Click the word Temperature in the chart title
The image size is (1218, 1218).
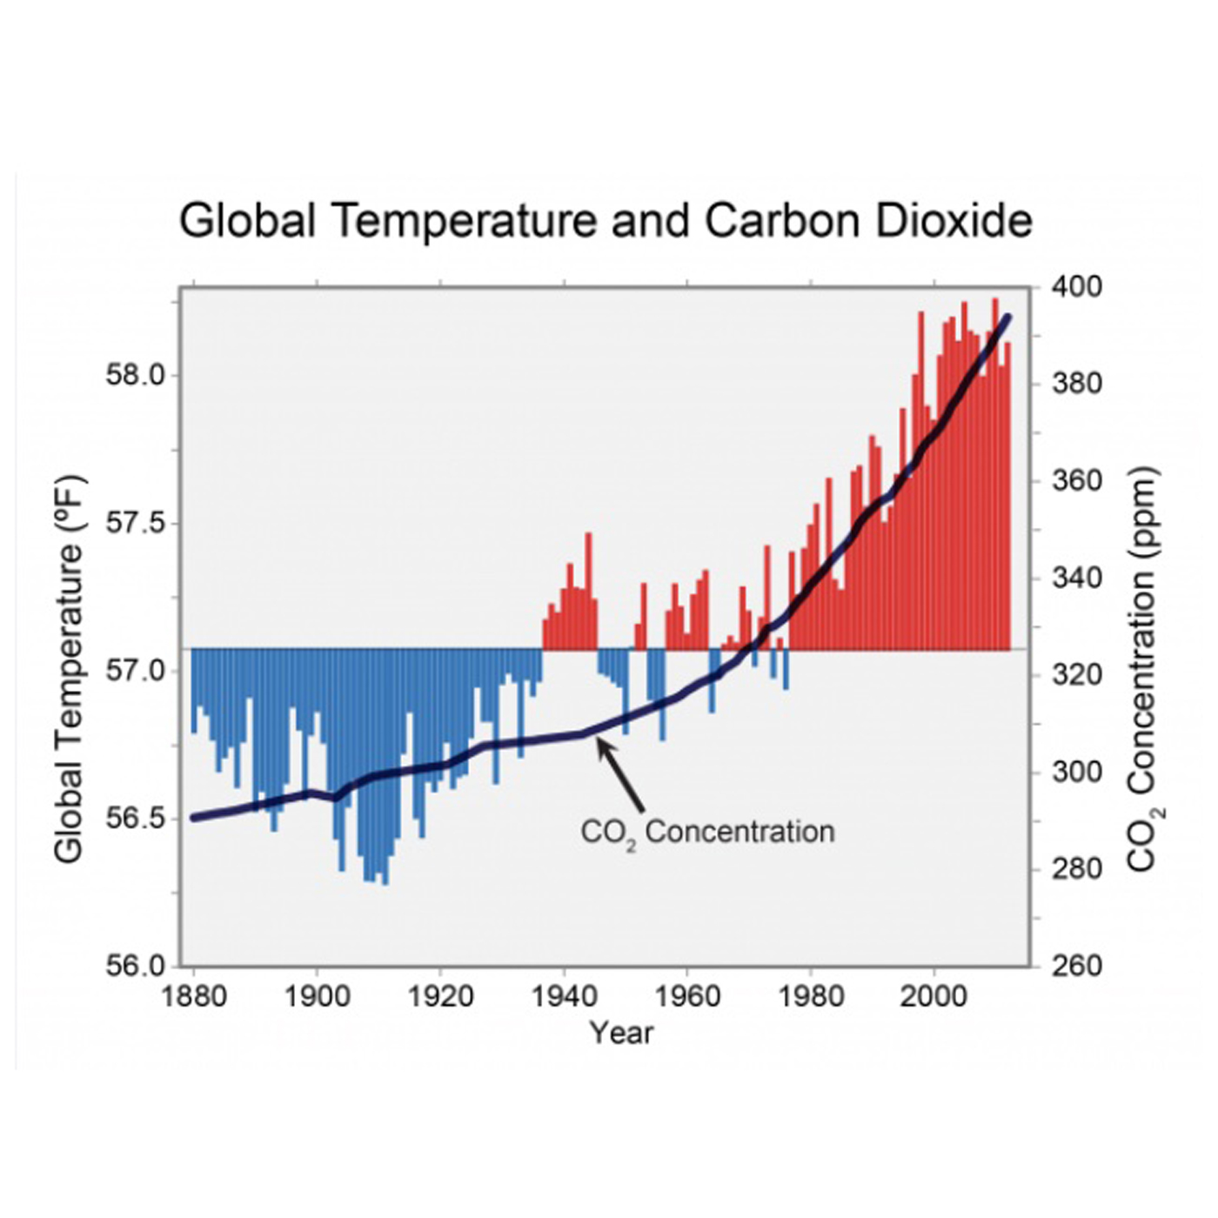click(x=465, y=221)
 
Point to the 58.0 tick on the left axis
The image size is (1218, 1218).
click(x=135, y=376)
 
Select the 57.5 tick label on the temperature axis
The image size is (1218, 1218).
click(x=135, y=524)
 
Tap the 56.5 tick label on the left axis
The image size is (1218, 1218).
click(x=135, y=819)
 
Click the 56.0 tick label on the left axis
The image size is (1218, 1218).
click(x=135, y=966)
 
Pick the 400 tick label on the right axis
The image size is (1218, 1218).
click(x=1076, y=286)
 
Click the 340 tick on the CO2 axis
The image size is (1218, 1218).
click(x=1076, y=578)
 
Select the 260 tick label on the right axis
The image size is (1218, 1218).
click(x=1076, y=966)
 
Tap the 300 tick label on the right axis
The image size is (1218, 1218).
click(x=1076, y=772)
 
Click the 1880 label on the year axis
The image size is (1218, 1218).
click(x=193, y=996)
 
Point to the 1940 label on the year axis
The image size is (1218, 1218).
click(x=564, y=996)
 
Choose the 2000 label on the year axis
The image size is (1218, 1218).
click(x=934, y=996)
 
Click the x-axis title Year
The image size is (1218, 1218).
click(x=620, y=1033)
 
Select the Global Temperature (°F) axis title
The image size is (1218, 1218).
click(x=70, y=669)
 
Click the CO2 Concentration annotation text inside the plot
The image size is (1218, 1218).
click(x=707, y=833)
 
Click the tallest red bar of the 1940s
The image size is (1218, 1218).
click(x=588, y=592)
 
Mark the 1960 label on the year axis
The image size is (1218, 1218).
click(x=687, y=996)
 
